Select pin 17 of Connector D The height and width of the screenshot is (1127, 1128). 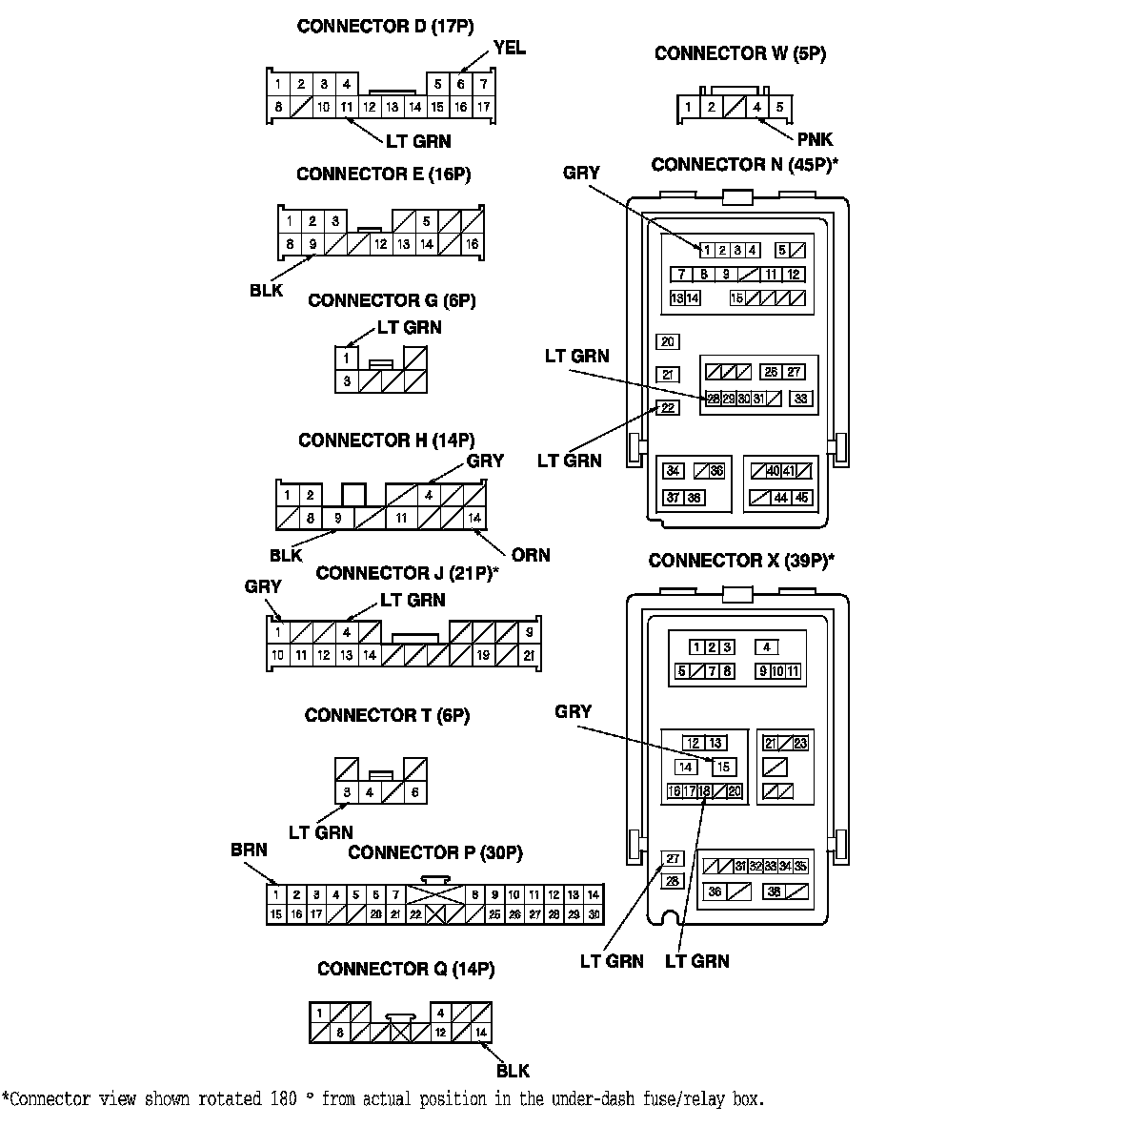(483, 107)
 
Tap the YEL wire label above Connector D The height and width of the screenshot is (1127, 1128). (509, 49)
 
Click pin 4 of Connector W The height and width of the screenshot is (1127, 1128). (756, 107)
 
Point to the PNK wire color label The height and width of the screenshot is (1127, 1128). (815, 140)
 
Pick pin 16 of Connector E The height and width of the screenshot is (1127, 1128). (472, 244)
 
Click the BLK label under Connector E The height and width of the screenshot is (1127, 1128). (267, 290)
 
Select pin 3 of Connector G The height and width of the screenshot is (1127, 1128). (348, 381)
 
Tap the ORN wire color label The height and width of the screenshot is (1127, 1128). (530, 555)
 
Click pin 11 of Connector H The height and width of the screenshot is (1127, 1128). (402, 518)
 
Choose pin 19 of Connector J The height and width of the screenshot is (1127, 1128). (484, 655)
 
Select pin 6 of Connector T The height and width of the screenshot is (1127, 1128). (414, 792)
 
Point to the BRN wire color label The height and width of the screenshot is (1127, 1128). (249, 850)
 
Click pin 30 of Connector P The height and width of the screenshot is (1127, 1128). (594, 914)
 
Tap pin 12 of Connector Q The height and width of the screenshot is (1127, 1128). (440, 1032)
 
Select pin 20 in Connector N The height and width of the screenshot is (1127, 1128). (667, 342)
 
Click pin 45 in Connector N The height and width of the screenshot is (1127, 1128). (802, 497)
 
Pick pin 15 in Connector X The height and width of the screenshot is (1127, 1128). (723, 767)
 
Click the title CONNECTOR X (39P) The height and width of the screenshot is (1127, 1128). (741, 561)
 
